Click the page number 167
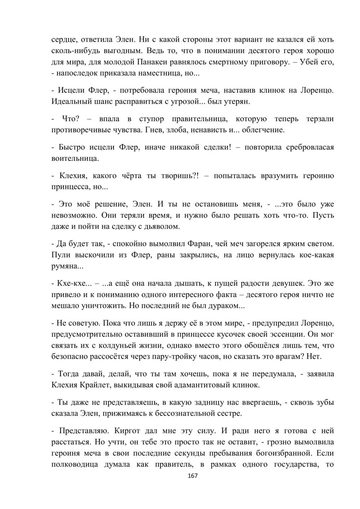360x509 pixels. coord(193,476)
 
